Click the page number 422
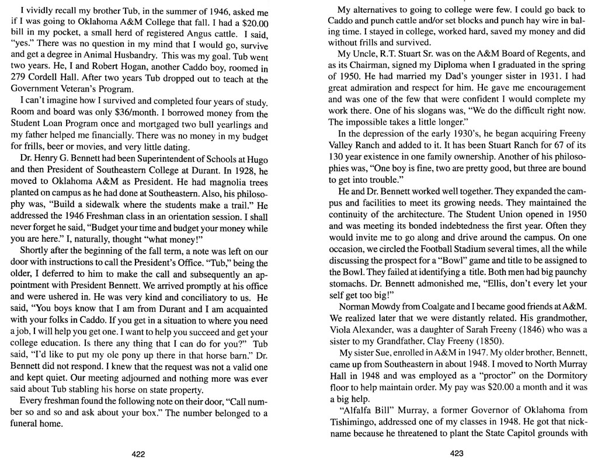coord(138,453)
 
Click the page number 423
coord(457,453)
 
